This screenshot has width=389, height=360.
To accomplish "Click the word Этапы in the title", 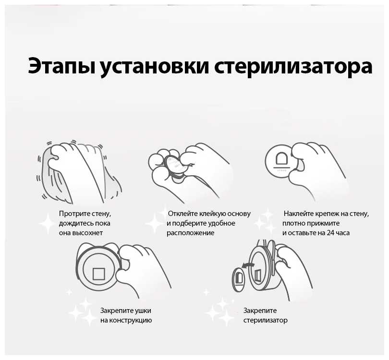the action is (x=62, y=66).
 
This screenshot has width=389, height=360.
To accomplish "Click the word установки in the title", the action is (x=155, y=66).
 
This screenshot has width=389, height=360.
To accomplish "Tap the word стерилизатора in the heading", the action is (x=293, y=66).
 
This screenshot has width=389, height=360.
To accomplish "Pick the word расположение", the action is (x=191, y=233).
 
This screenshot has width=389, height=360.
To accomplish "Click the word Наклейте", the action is (x=299, y=214).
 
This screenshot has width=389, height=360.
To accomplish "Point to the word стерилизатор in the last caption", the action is (x=266, y=320).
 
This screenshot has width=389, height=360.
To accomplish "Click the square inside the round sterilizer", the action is (x=99, y=274).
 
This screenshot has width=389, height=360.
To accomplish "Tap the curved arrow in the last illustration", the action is (x=247, y=266).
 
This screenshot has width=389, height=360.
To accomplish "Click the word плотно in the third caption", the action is (x=294, y=223).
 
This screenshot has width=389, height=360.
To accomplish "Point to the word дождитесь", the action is (x=74, y=223).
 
